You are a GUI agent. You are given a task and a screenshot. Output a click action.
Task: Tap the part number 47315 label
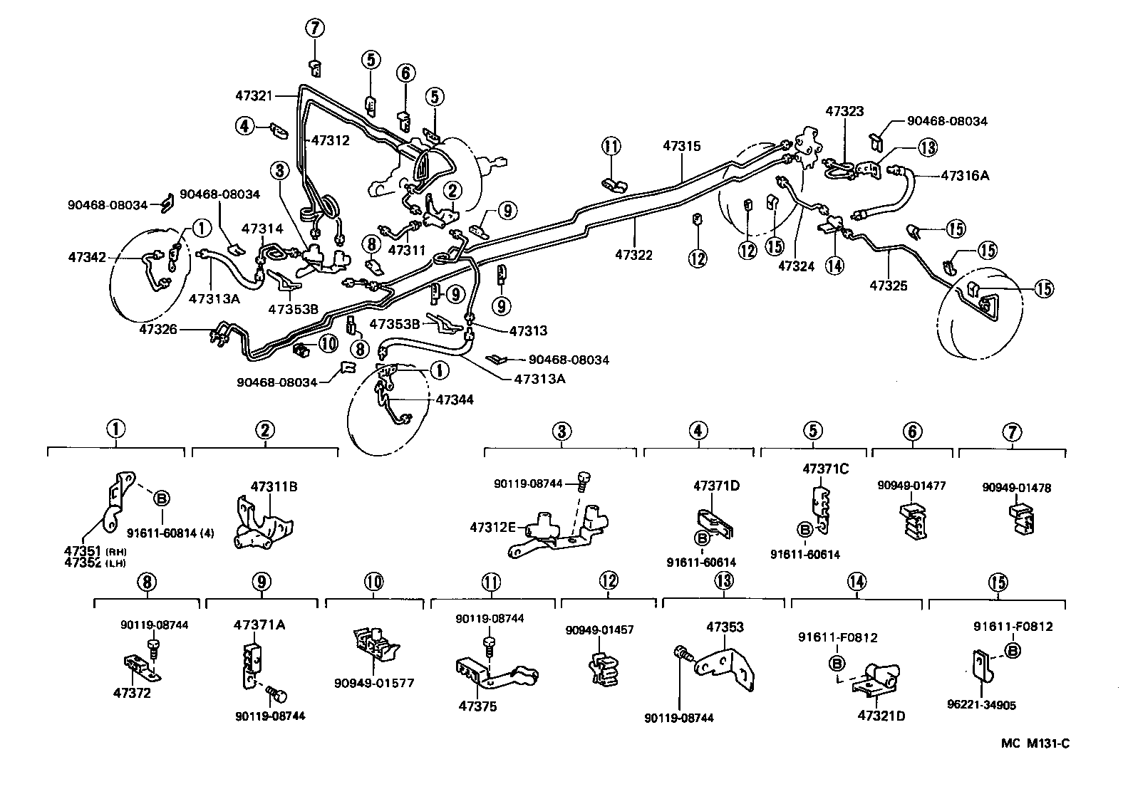pyautogui.click(x=681, y=146)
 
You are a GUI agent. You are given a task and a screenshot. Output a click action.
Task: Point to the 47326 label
pyautogui.click(x=157, y=329)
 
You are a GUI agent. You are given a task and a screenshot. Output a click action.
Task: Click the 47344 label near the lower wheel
pyautogui.click(x=455, y=400)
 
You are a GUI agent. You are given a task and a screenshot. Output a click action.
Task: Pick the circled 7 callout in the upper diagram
pyautogui.click(x=316, y=29)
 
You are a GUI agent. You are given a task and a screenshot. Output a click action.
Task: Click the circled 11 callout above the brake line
pyautogui.click(x=611, y=147)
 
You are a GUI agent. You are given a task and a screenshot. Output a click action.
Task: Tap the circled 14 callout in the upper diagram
pyautogui.click(x=834, y=266)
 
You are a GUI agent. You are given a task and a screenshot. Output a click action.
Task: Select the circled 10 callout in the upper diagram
pyautogui.click(x=328, y=343)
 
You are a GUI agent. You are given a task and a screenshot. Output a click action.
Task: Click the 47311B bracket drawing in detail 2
pyautogui.click(x=262, y=526)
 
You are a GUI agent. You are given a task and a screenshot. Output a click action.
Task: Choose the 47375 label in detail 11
pyautogui.click(x=477, y=706)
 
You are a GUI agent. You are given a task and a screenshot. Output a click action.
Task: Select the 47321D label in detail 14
pyautogui.click(x=881, y=716)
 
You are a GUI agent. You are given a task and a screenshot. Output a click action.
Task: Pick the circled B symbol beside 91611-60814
pyautogui.click(x=161, y=498)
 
